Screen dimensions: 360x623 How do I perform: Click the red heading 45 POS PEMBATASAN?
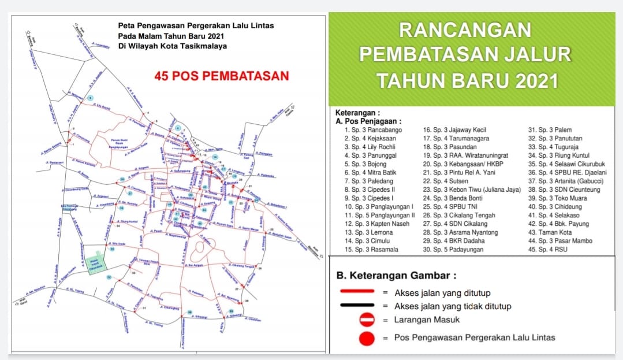click(x=221, y=76)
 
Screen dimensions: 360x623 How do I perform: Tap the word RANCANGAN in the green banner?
click(x=465, y=29)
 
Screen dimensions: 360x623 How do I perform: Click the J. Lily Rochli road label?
click(x=103, y=106)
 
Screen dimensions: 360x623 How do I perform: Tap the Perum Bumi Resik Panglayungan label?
click(x=118, y=143)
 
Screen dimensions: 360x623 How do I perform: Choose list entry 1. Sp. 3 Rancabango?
click(x=373, y=130)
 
